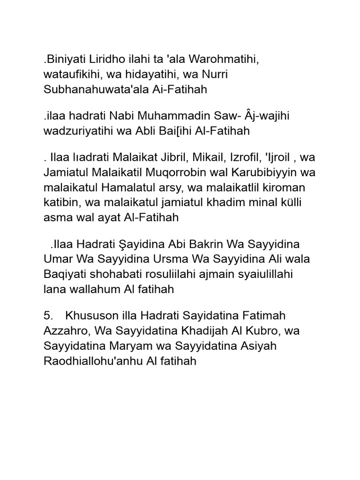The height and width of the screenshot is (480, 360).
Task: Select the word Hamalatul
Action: tap(142, 188)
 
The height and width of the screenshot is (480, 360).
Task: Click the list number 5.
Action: tap(47, 315)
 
